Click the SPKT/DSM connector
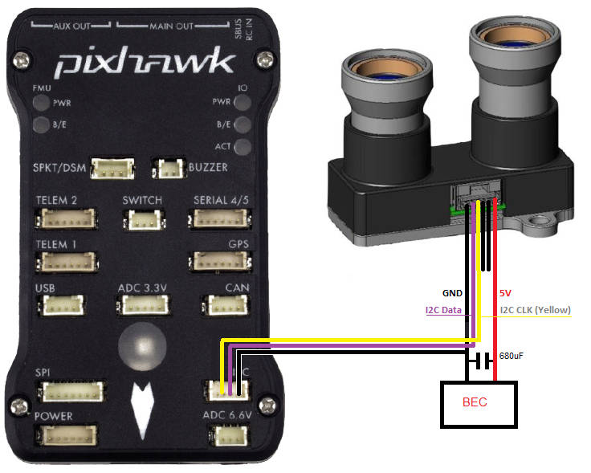tap(112, 168)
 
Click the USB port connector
tap(59, 305)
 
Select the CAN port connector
tap(224, 305)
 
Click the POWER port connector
tap(69, 435)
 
